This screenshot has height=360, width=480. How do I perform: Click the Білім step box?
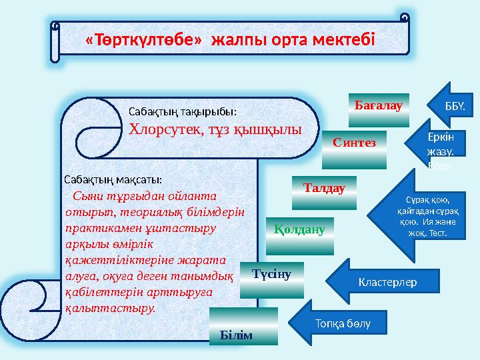coord(244,327)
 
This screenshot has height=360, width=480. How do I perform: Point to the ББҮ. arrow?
coord(451,106)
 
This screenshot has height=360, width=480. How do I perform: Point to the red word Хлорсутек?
coord(161,129)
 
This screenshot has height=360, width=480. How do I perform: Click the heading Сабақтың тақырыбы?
coord(182,112)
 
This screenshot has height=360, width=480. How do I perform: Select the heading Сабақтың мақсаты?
coord(113,179)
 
